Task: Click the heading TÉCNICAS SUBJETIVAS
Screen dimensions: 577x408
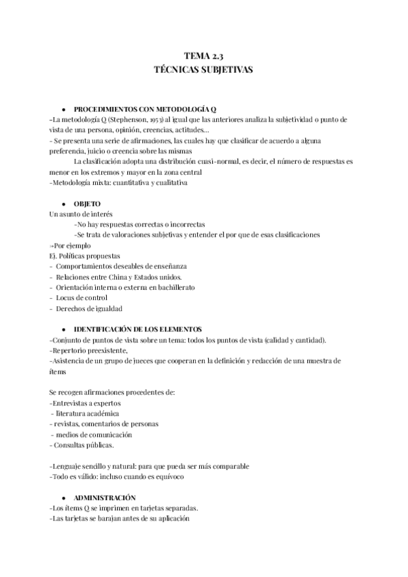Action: pos(204,69)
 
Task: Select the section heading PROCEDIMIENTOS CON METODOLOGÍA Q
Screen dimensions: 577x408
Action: pos(145,109)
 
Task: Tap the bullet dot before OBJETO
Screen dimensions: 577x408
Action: pos(63,204)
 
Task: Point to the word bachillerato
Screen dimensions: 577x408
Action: pos(176,287)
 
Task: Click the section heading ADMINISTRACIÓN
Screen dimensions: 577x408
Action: pos(105,497)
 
